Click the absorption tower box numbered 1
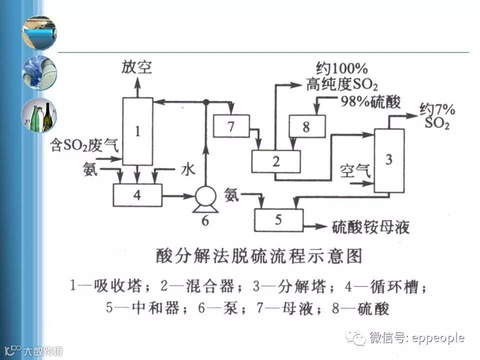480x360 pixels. [x=137, y=131]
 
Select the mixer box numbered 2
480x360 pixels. [x=275, y=161]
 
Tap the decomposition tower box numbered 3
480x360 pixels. [x=389, y=160]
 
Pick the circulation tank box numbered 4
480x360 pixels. [x=137, y=195]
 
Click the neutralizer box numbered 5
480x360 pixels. [x=278, y=220]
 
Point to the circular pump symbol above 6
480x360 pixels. [x=205, y=196]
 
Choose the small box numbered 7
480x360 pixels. [x=231, y=126]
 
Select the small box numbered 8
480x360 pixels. [x=306, y=126]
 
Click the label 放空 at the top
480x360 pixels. [x=136, y=67]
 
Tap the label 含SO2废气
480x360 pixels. [x=84, y=145]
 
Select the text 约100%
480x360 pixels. [x=342, y=68]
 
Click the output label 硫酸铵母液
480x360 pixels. [x=370, y=227]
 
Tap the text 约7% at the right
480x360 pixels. [x=437, y=109]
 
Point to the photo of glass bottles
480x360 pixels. [x=39, y=115]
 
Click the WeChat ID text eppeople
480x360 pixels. [x=438, y=338]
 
